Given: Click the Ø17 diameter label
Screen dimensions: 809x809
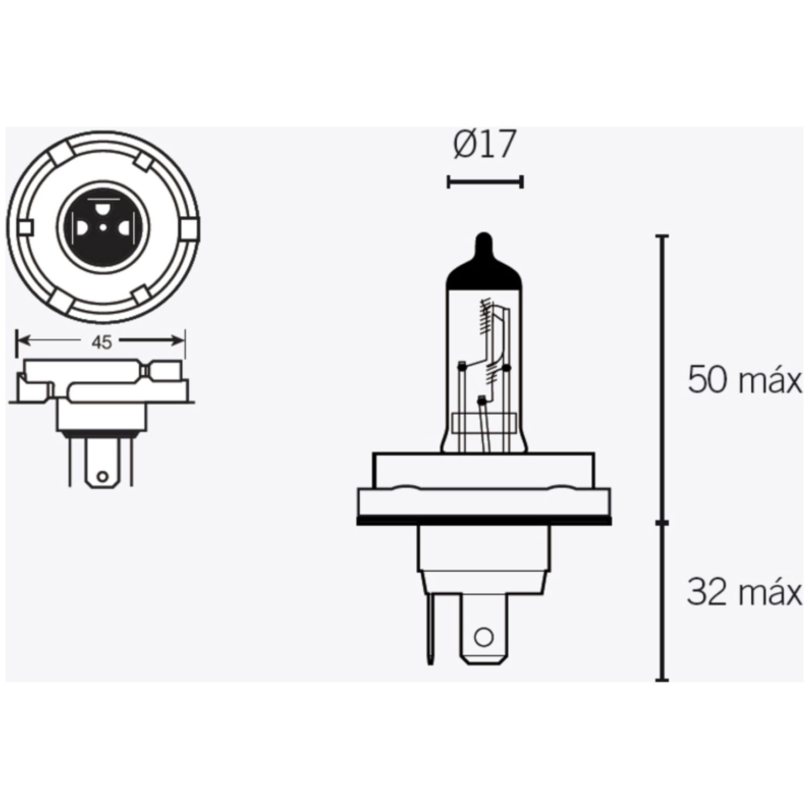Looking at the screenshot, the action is tap(485, 145).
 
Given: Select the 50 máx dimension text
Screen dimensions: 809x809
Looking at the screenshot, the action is tap(744, 381).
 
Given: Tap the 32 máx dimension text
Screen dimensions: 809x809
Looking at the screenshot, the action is tap(744, 593).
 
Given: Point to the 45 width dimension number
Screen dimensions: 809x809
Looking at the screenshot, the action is tap(101, 341).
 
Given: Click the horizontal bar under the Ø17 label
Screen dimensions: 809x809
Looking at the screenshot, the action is tap(485, 182).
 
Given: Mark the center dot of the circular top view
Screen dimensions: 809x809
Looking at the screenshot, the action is tap(102, 228).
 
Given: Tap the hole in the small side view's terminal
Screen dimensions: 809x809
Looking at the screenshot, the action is tap(101, 477).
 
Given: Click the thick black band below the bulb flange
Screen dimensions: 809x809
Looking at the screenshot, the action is tap(484, 522).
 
